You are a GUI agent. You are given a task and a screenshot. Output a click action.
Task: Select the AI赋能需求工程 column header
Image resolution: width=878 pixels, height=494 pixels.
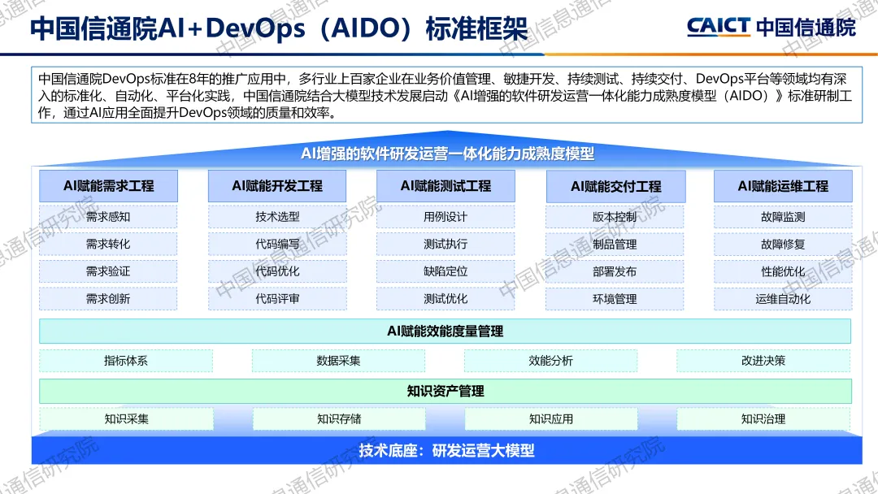coord(108,186)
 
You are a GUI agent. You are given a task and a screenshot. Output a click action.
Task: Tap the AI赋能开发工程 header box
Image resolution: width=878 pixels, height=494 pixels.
coord(277,186)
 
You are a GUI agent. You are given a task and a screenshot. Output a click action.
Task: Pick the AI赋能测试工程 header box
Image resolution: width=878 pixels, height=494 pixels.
coord(446,186)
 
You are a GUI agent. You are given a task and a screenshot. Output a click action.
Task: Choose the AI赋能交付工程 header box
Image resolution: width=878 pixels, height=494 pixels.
coord(615,186)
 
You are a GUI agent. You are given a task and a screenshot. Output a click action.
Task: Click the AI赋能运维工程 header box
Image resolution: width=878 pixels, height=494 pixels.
coord(783,186)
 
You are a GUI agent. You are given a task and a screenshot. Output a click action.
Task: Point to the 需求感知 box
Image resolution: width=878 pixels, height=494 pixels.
coord(108,217)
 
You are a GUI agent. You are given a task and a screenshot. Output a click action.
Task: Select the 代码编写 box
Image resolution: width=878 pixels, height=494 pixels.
coord(277,244)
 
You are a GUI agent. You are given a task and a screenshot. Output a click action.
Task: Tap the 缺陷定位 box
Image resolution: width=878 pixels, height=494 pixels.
coord(446,271)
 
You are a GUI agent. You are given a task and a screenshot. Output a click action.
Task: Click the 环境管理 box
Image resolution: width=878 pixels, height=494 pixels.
coord(615,299)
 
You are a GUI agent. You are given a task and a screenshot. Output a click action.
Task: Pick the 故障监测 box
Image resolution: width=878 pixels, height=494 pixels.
coord(783,217)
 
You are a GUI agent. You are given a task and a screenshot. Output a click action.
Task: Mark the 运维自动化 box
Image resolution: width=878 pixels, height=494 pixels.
coord(783,299)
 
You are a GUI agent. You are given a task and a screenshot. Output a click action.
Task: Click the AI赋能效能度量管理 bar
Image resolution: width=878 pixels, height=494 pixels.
coord(445,331)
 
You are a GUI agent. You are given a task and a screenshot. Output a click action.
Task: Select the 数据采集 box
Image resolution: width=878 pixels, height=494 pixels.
coord(338,361)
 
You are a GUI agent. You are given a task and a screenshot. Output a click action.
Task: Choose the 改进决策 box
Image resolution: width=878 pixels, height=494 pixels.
coord(763,361)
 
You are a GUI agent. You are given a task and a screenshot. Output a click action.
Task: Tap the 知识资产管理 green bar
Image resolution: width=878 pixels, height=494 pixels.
coord(445,391)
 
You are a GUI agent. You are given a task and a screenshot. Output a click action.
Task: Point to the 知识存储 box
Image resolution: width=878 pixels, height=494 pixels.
coord(338,419)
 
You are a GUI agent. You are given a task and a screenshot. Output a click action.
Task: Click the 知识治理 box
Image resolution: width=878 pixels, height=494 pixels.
coord(763,419)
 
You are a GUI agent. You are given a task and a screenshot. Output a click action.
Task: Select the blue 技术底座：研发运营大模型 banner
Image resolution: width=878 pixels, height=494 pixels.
coord(446,450)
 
